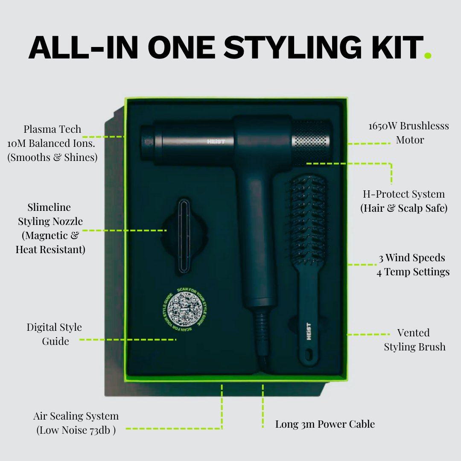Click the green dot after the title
[428, 55]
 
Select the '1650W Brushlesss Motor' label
[408, 133]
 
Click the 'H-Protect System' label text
[404, 194]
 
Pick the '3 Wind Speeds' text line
[412, 258]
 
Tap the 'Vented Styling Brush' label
[414, 340]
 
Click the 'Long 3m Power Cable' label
[325, 424]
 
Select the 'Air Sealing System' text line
[76, 416]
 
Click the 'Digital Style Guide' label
[55, 334]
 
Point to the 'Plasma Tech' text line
[52, 129]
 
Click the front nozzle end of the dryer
[148, 142]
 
